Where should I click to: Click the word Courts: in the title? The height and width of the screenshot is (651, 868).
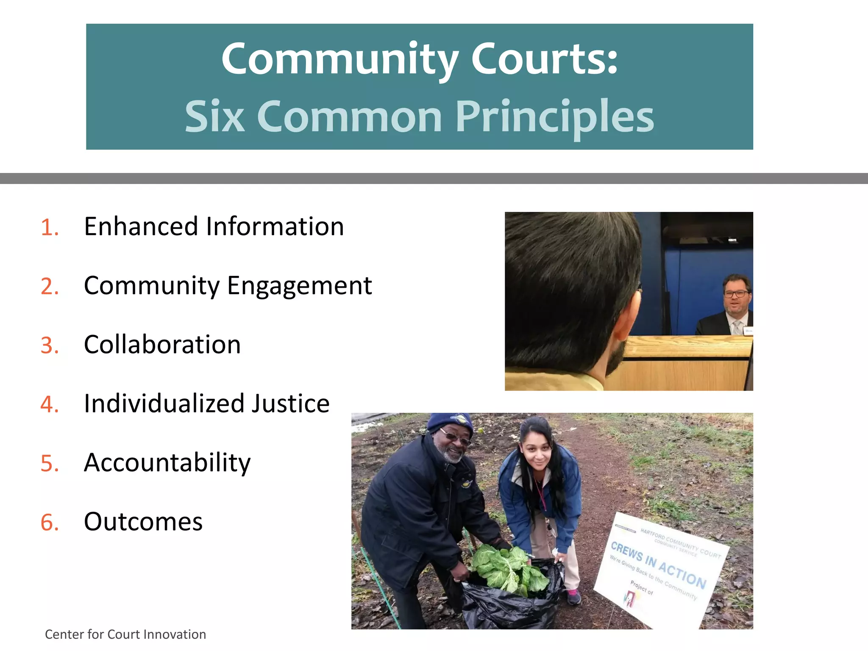(x=544, y=59)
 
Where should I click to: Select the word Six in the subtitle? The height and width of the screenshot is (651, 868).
(x=214, y=117)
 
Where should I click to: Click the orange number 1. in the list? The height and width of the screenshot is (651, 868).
(x=50, y=228)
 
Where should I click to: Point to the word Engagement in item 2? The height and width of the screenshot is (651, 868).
(x=299, y=286)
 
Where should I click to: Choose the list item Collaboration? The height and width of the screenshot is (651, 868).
(x=162, y=345)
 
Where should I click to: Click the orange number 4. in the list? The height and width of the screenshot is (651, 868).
(x=50, y=404)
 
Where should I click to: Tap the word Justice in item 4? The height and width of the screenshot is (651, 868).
(x=290, y=403)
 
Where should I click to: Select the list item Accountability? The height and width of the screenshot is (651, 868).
(x=167, y=463)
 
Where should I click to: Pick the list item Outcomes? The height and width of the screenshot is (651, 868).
(x=143, y=522)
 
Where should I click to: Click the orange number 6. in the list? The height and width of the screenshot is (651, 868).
(x=50, y=523)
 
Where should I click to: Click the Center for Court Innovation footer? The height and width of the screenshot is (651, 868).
(x=125, y=634)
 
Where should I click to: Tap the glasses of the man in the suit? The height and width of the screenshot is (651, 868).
(x=737, y=294)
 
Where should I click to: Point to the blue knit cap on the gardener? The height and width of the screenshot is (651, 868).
(x=449, y=422)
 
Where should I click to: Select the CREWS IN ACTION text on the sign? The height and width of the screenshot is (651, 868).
(x=658, y=565)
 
